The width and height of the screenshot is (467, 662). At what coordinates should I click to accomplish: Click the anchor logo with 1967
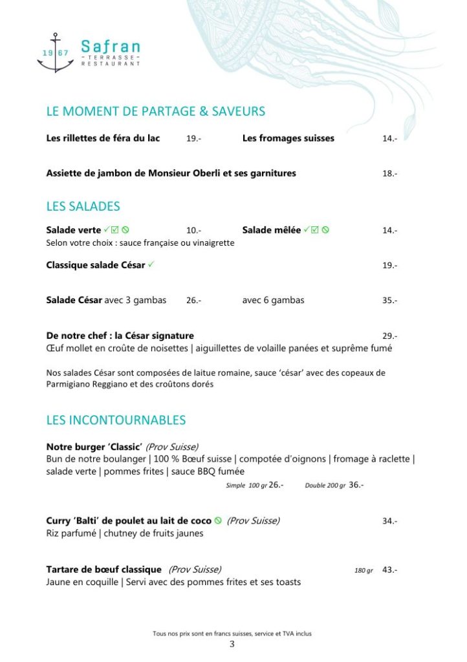click(x=55, y=53)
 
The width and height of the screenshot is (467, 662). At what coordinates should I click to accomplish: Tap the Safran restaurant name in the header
click(x=110, y=47)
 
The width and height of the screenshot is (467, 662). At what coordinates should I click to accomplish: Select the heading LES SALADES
click(x=83, y=207)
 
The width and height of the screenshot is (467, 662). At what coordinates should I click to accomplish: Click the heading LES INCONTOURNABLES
click(x=116, y=420)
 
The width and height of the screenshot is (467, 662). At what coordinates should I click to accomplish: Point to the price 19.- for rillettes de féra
click(x=193, y=138)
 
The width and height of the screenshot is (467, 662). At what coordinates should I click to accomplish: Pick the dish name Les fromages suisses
click(x=288, y=138)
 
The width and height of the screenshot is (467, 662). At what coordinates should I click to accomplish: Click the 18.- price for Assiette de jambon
click(x=389, y=173)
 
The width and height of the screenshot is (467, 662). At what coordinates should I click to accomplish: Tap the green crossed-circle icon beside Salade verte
click(x=126, y=230)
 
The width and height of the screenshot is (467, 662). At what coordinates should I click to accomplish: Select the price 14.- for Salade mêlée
click(x=389, y=230)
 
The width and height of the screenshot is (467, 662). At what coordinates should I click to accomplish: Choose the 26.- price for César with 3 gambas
click(x=193, y=300)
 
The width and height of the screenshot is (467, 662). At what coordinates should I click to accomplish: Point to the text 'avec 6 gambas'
click(x=273, y=300)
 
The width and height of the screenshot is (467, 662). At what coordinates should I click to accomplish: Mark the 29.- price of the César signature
click(x=389, y=336)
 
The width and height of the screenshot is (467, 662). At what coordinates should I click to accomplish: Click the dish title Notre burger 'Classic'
click(x=94, y=447)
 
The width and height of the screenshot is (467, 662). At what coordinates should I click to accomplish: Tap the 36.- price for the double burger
click(x=356, y=485)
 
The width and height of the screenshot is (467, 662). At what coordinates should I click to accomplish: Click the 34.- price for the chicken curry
click(x=389, y=521)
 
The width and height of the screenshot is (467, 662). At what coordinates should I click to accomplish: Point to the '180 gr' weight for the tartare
click(x=364, y=571)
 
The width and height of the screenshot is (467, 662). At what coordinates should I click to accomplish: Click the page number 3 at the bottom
click(x=232, y=645)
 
